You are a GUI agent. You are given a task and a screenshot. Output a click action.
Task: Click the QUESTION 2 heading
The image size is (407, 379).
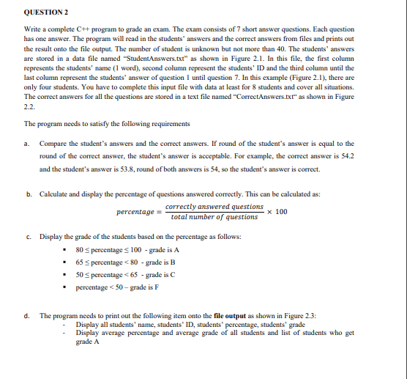pos(47,12)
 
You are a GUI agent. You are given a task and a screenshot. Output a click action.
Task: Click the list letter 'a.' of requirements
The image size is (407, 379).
pos(27,144)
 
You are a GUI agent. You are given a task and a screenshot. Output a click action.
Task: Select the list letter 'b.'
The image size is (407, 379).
pos(27,194)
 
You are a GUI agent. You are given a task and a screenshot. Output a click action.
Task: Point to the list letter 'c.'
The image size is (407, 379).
pos(27,237)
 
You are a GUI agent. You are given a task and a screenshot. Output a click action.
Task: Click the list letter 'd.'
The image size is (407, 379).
pos(27,315)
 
